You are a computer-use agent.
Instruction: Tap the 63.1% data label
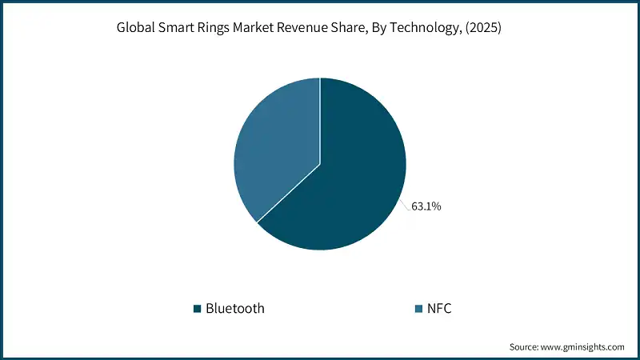[x=426, y=206]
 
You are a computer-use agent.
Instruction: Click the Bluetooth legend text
[x=234, y=308]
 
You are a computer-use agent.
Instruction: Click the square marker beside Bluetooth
[x=197, y=308]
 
